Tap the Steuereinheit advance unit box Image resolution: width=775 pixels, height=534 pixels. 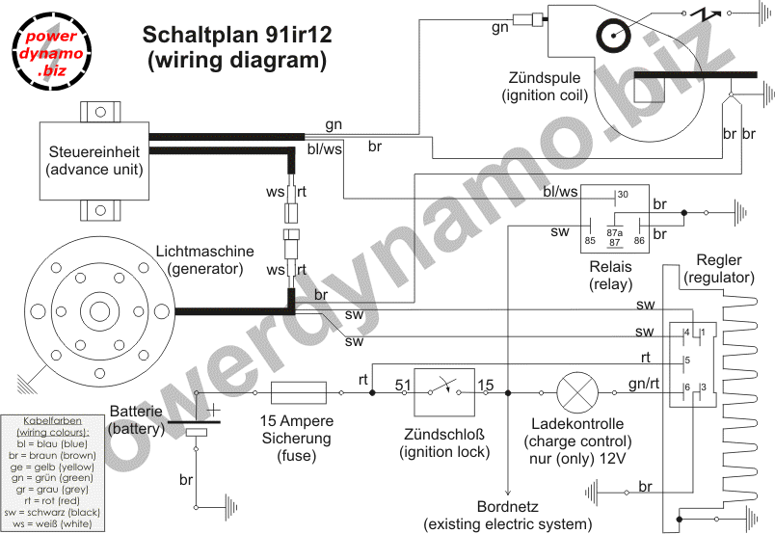tap(95, 161)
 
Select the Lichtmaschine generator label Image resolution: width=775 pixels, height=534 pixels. tap(205, 259)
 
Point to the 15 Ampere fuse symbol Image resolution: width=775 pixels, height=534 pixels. tap(303, 392)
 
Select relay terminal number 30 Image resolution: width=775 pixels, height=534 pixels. tap(623, 195)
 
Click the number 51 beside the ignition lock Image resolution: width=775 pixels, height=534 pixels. tap(402, 386)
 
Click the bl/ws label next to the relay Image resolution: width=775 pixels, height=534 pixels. tap(560, 194)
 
